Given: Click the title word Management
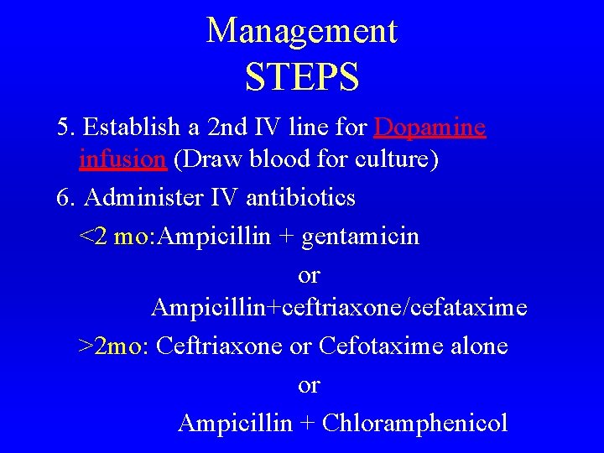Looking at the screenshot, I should [x=302, y=31].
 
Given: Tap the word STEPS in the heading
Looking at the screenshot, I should [x=302, y=76].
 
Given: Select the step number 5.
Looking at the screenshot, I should [x=65, y=128].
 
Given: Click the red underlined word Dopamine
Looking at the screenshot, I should [x=430, y=128].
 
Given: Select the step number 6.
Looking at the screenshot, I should [x=65, y=198].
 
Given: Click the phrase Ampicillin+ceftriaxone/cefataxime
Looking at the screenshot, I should [x=339, y=308].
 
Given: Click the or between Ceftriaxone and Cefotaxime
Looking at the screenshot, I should [x=300, y=346].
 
